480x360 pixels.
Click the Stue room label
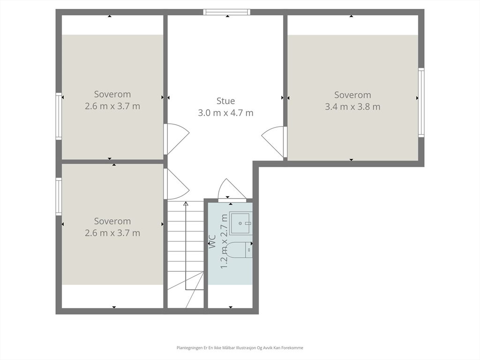pyautogui.click(x=225, y=101)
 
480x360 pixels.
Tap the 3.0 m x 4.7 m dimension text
pyautogui.click(x=225, y=113)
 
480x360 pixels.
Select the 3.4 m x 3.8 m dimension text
pyautogui.click(x=352, y=107)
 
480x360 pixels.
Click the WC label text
pyautogui.click(x=212, y=241)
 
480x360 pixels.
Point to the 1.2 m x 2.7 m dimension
pyautogui.click(x=224, y=241)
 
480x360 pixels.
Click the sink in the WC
pyautogui.click(x=241, y=223)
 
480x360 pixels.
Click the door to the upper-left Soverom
pyautogui.click(x=176, y=139)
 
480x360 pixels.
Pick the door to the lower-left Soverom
pyautogui.click(x=176, y=184)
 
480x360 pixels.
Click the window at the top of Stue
pyautogui.click(x=227, y=12)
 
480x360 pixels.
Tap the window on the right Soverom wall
pyautogui.click(x=421, y=102)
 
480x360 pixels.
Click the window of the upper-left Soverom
pyautogui.click(x=59, y=116)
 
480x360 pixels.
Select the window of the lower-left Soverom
pyautogui.click(x=59, y=196)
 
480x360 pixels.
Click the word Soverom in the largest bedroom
pyautogui.click(x=352, y=95)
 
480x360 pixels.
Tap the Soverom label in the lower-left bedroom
pyautogui.click(x=112, y=221)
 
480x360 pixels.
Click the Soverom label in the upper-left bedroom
pyautogui.click(x=112, y=94)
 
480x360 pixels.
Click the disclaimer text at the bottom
pyautogui.click(x=240, y=348)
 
